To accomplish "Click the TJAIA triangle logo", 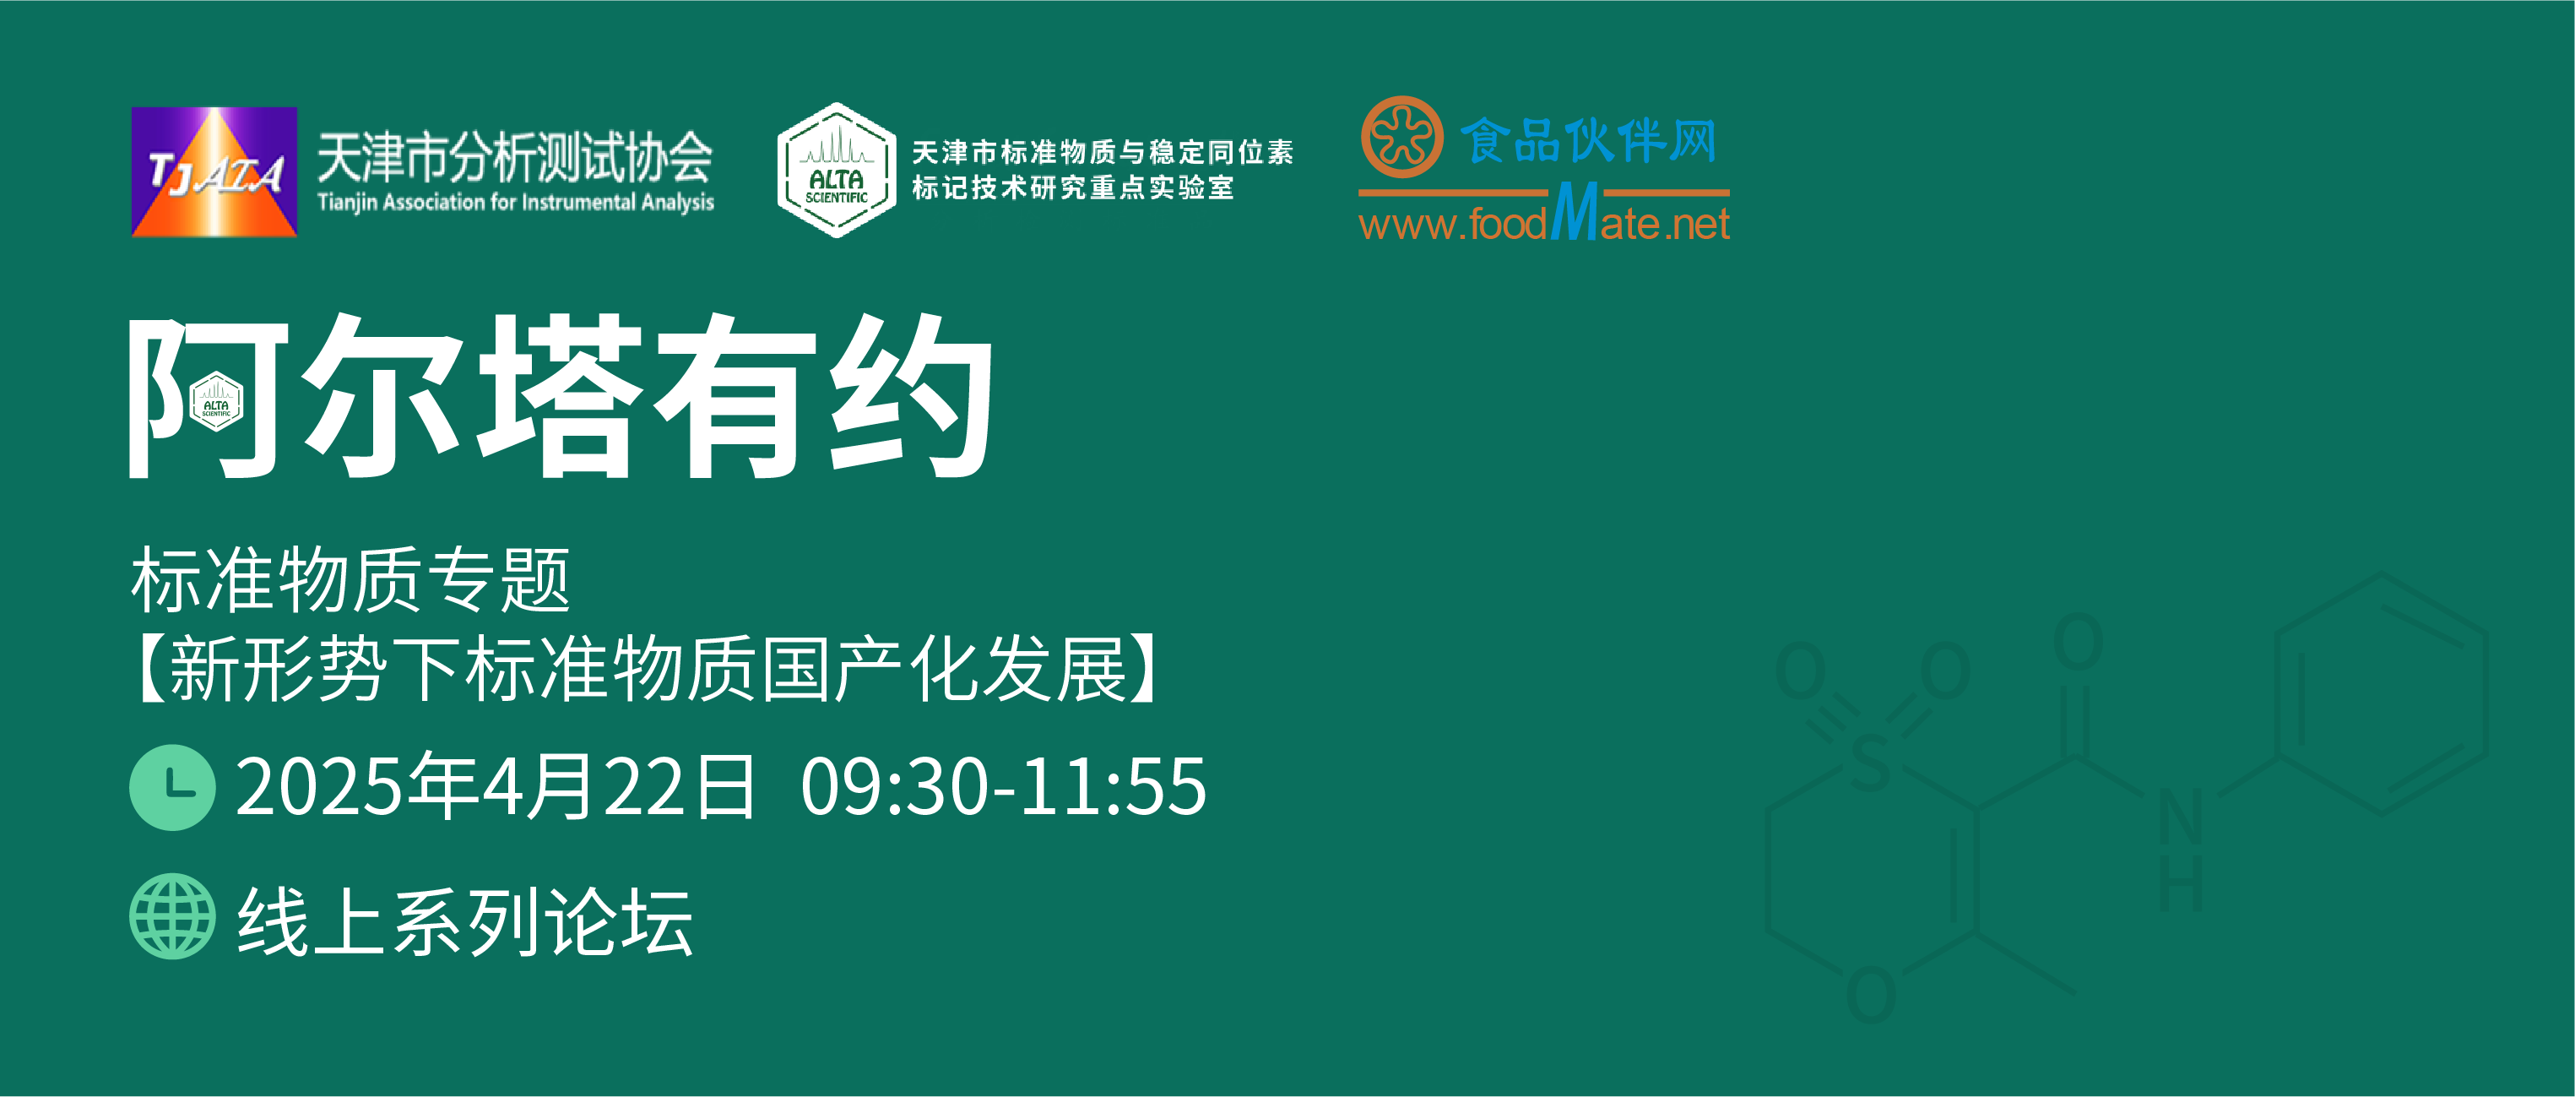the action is pyautogui.click(x=214, y=172).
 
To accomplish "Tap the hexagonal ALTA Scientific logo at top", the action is pyautogui.click(x=837, y=170).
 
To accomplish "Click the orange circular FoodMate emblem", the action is pyautogui.click(x=1401, y=138).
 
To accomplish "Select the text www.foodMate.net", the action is pyautogui.click(x=1544, y=216).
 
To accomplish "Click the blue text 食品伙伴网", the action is pyautogui.click(x=1588, y=140).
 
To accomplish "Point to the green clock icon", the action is pyautogui.click(x=172, y=787).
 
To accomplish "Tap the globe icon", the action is pyautogui.click(x=172, y=917).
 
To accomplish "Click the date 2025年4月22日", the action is pyautogui.click(x=496, y=787).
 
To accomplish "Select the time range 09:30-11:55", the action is pyautogui.click(x=1004, y=787).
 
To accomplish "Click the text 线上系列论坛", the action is pyautogui.click(x=465, y=922).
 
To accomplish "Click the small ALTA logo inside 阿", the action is pyautogui.click(x=216, y=401).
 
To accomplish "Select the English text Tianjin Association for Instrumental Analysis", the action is pyautogui.click(x=516, y=202).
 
